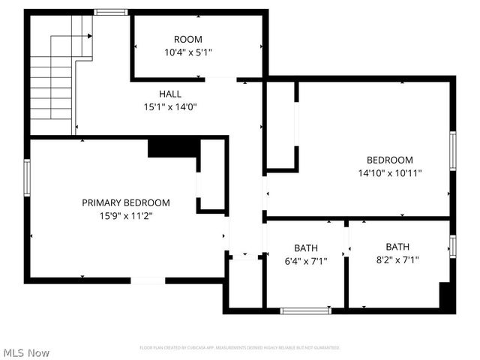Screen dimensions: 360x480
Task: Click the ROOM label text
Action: tap(188, 40)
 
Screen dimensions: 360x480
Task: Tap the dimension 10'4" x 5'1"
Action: tap(188, 53)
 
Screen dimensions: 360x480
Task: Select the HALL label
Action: tap(169, 94)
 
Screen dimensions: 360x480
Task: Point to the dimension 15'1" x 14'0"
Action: tap(169, 106)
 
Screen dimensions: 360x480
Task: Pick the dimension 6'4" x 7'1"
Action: tap(305, 261)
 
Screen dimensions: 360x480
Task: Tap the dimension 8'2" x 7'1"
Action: tap(397, 260)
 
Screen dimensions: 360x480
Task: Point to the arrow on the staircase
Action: tap(90, 35)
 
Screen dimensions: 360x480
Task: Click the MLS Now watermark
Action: tap(26, 352)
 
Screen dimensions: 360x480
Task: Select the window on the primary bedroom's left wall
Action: tap(26, 177)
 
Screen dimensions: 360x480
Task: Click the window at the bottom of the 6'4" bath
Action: tap(304, 310)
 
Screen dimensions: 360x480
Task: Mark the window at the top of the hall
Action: tap(110, 12)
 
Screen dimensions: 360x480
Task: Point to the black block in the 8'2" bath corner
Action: tap(447, 296)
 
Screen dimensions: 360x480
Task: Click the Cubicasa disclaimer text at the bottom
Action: tap(240, 348)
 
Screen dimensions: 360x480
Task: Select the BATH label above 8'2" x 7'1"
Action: tap(397, 247)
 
